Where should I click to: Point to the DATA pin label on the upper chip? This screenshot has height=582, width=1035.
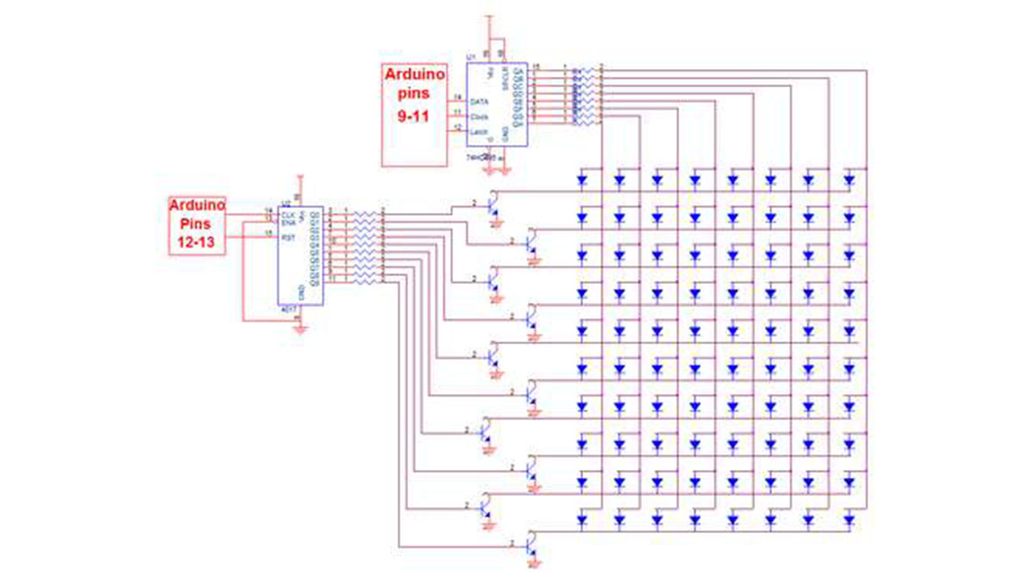point(480,102)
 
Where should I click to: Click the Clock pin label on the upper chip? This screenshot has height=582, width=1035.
point(480,116)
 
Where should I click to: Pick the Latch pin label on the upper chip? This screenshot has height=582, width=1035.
point(480,130)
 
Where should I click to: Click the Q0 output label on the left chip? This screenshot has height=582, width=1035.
point(316,211)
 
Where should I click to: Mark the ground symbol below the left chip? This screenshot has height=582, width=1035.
point(299,329)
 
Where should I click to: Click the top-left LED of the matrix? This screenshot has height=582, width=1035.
point(581,181)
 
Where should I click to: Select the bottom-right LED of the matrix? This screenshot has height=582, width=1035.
point(850,520)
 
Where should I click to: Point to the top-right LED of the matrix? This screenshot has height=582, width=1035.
point(850,181)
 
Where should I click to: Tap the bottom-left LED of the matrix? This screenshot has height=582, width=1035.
point(581,520)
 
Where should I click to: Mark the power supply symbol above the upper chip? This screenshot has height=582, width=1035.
point(488,17)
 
